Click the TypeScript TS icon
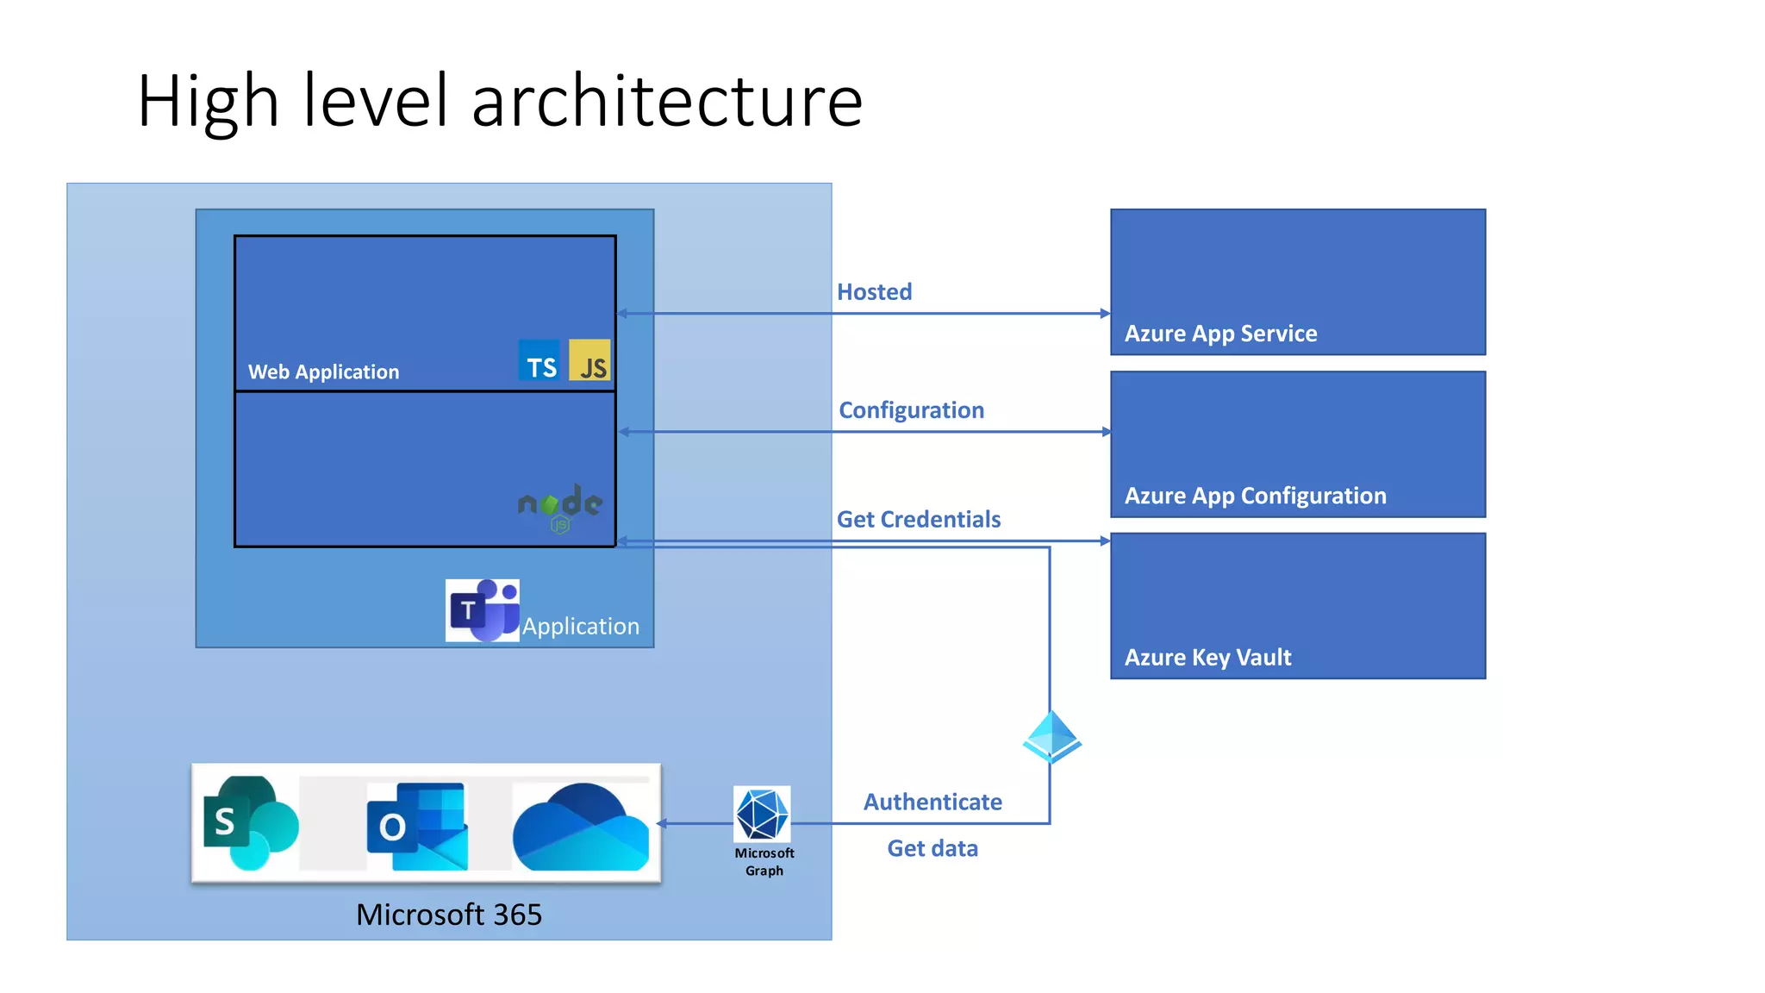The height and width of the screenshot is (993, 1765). [x=539, y=360]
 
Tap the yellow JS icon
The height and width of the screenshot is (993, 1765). [x=590, y=360]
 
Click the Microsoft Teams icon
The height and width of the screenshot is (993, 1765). [x=483, y=610]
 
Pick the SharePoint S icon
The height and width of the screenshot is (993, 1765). [x=248, y=823]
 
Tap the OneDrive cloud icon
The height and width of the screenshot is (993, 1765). [x=581, y=827]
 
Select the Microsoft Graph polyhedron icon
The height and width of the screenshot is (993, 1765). [x=762, y=814]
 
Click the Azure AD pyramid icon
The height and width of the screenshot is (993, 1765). [x=1051, y=737]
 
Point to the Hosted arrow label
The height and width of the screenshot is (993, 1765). [x=874, y=292]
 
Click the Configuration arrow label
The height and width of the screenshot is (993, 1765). [x=911, y=410]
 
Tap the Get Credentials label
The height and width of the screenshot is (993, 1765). [x=919, y=520]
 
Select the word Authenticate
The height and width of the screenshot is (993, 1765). [x=932, y=803]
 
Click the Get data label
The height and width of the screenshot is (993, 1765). [x=932, y=849]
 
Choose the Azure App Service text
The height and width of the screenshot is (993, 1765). [x=1220, y=334]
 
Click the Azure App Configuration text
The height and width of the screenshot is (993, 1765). [x=1255, y=496]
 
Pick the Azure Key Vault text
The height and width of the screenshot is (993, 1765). [x=1207, y=658]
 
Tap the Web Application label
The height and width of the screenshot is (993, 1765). [x=323, y=372]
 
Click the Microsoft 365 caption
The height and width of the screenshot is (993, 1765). [x=449, y=915]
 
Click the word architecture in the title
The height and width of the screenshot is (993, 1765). [x=667, y=102]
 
